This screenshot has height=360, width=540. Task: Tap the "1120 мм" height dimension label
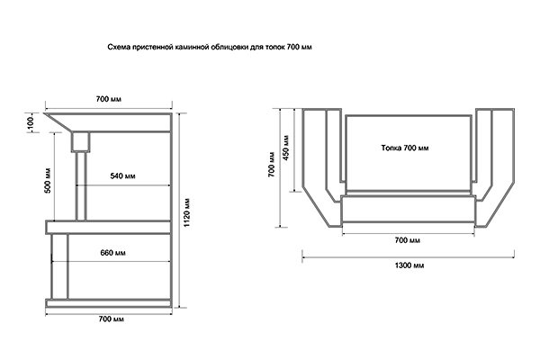tap(186, 212)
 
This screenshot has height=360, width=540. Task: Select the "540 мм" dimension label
tap(123, 176)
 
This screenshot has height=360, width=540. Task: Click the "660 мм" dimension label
tap(113, 253)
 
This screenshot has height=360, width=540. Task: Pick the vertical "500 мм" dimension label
tap(48, 181)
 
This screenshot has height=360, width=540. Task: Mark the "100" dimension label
tap(31, 122)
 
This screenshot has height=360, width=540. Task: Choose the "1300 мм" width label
tap(409, 265)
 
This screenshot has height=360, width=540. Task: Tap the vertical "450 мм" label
tap(285, 148)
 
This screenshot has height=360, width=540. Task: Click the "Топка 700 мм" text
tap(405, 148)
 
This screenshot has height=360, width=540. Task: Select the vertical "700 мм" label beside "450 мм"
tap(272, 165)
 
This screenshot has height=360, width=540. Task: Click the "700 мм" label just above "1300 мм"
tap(408, 240)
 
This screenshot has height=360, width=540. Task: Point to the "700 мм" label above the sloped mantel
tap(109, 99)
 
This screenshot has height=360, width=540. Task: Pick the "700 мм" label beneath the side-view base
tap(111, 319)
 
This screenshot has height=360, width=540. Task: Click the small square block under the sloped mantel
tap(81, 142)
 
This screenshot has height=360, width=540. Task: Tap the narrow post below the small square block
tap(81, 186)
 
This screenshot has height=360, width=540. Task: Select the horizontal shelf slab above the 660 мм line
tap(109, 228)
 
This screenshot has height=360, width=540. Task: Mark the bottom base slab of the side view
tap(109, 303)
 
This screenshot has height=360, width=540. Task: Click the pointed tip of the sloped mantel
tap(44, 113)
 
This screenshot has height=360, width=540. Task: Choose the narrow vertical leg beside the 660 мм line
tap(59, 266)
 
